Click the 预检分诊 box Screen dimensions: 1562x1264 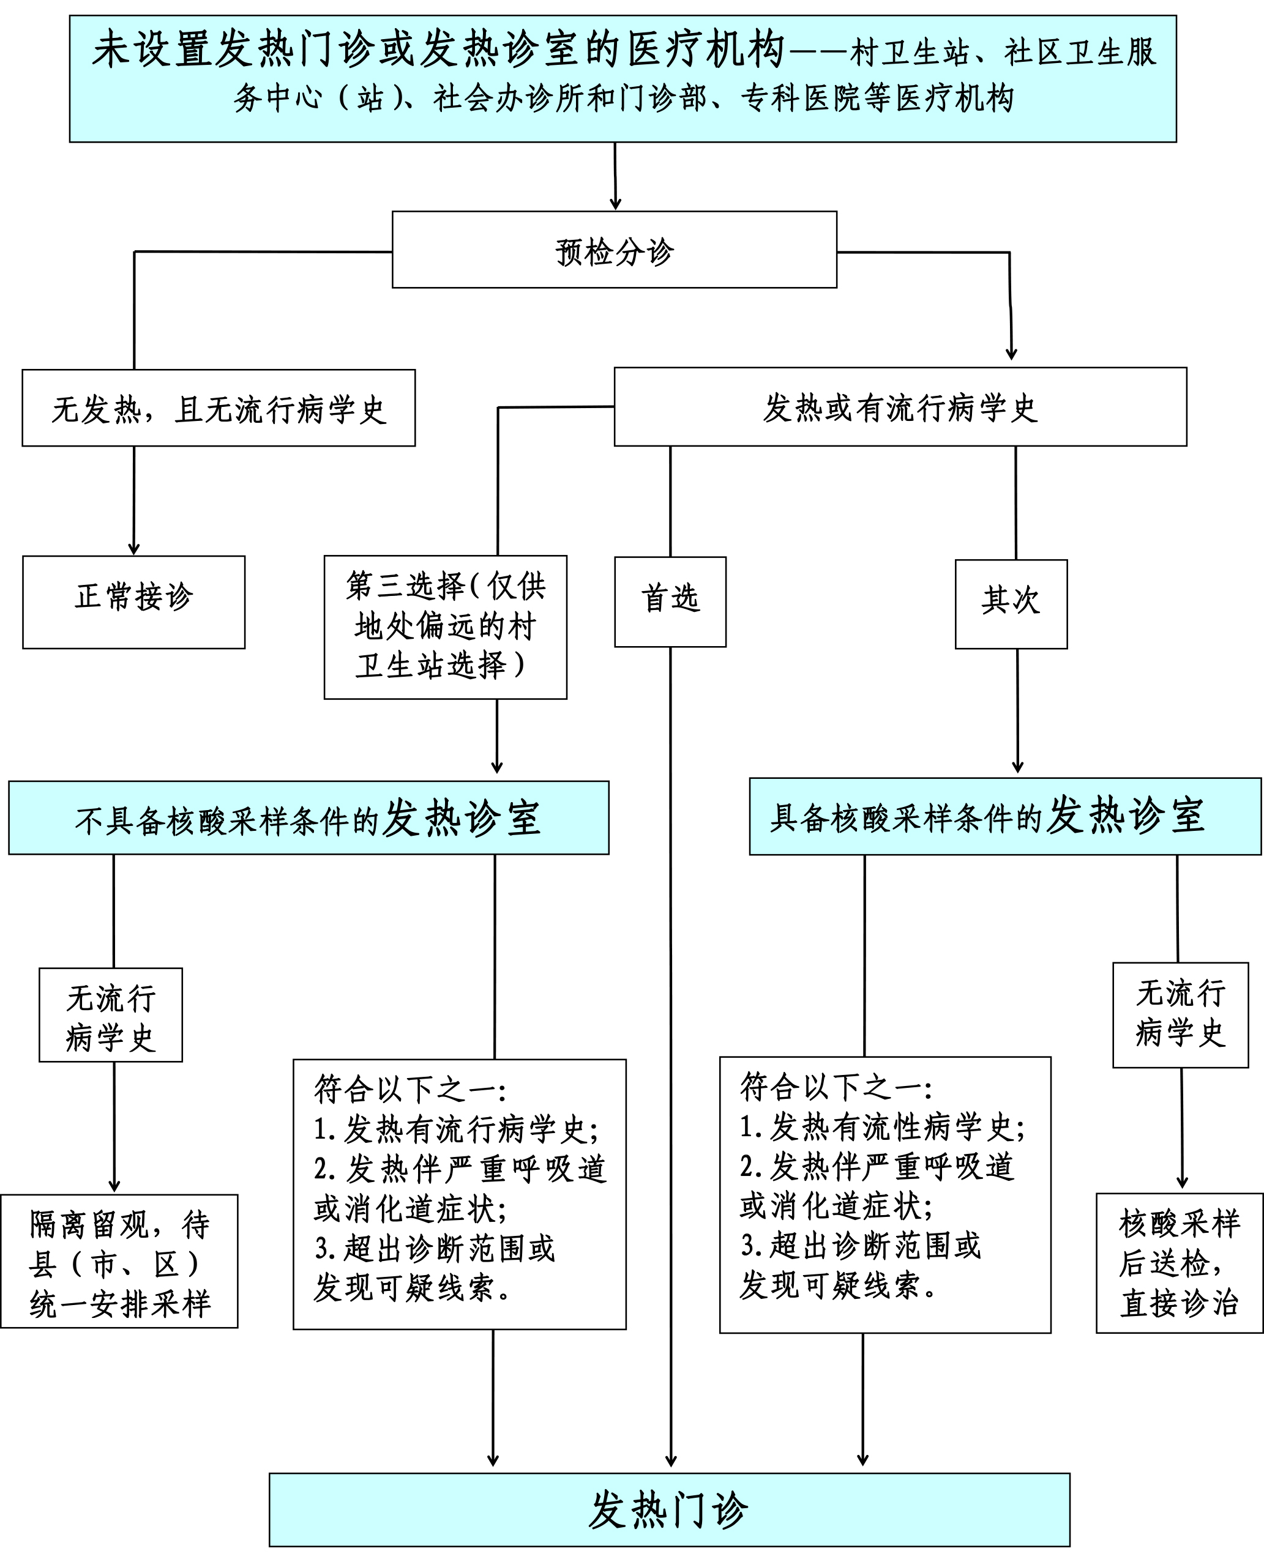614,250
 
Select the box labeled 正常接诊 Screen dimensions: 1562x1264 133,602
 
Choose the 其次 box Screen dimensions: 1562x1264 1011,604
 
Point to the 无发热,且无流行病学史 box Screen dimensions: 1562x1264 219,407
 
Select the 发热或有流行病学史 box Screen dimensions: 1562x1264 900,407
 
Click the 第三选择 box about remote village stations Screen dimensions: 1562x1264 445,627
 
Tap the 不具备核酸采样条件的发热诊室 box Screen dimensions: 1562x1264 308,817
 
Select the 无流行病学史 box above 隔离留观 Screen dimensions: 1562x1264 111,1016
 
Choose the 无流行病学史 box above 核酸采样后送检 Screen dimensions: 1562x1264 1180,1016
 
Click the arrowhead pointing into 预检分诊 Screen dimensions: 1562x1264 615,204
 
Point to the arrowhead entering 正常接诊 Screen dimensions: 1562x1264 133,549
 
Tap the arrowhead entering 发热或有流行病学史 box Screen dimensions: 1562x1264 1011,354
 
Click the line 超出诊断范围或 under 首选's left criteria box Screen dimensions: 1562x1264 435,1248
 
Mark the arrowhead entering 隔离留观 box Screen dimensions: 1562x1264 114,1186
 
